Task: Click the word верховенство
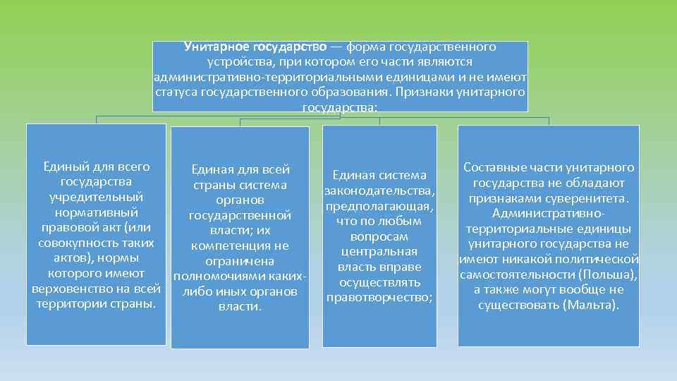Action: pyautogui.click(x=73, y=289)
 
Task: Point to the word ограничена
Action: pyautogui.click(x=240, y=261)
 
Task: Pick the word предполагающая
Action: pyautogui.click(x=379, y=206)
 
